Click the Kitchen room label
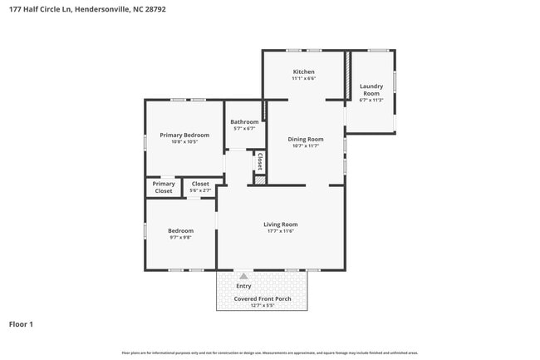pyautogui.click(x=303, y=72)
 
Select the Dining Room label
pyautogui.click(x=305, y=139)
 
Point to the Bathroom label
pyautogui.click(x=244, y=122)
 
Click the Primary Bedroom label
pyautogui.click(x=184, y=135)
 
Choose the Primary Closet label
pyautogui.click(x=164, y=187)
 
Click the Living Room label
pyautogui.click(x=280, y=224)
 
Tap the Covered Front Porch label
pyautogui.click(x=262, y=298)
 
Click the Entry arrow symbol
pyautogui.click(x=243, y=276)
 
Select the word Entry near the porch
pyautogui.click(x=243, y=286)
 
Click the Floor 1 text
pyautogui.click(x=21, y=324)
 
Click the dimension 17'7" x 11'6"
pyautogui.click(x=280, y=231)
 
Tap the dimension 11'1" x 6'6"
pyautogui.click(x=303, y=78)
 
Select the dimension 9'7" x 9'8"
pyautogui.click(x=180, y=237)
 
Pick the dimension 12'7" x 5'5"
pyautogui.click(x=262, y=305)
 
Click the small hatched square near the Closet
pyautogui.click(x=259, y=179)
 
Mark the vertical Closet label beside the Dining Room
pyautogui.click(x=259, y=160)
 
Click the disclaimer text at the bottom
pyautogui.click(x=270, y=353)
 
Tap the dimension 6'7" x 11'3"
pyautogui.click(x=371, y=100)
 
